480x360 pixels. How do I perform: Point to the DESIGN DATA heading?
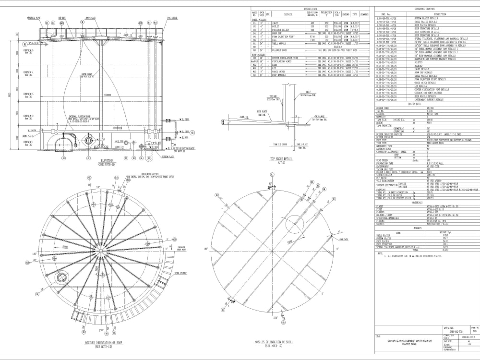pos(414,104)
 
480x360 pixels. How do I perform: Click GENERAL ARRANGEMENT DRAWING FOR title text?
pos(409,340)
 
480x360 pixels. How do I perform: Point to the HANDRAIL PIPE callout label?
pos(34,18)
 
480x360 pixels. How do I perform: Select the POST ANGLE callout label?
pos(173,18)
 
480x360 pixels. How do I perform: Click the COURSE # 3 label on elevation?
pos(28,94)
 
